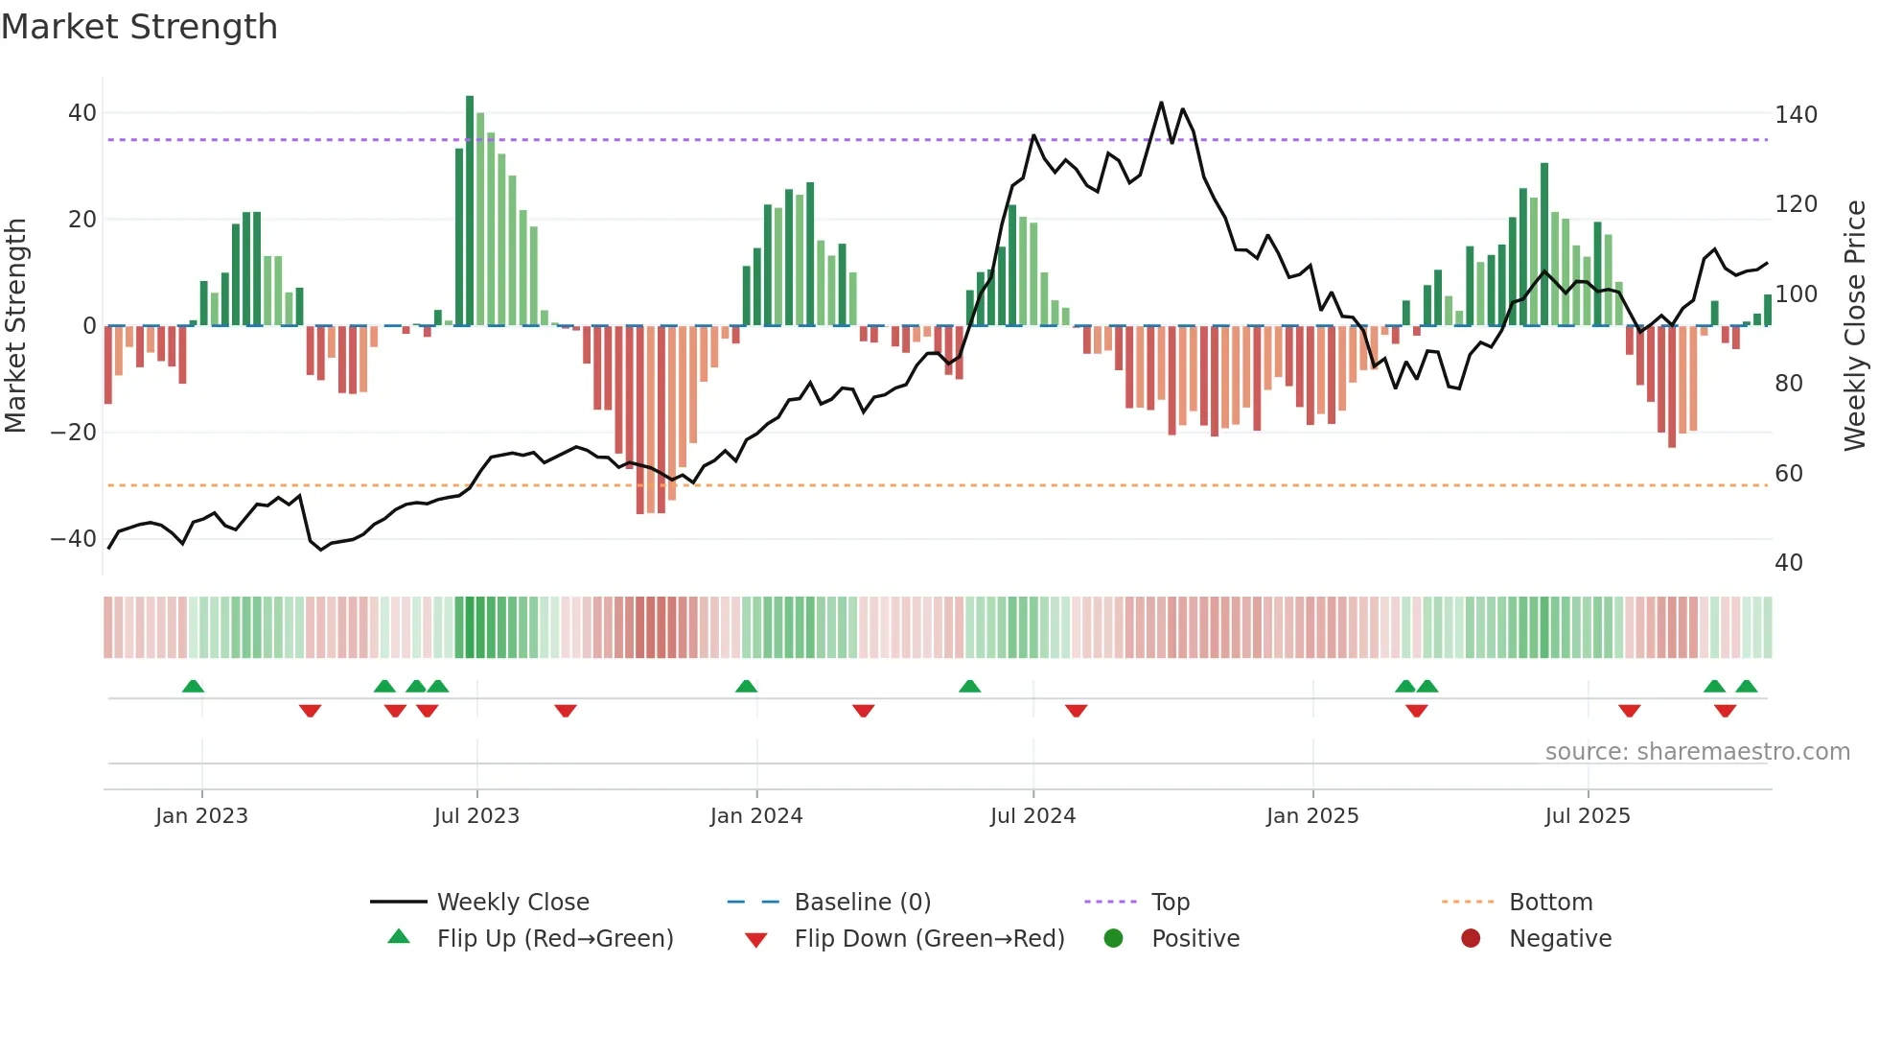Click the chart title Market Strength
pos(139,27)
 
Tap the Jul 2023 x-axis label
pos(476,816)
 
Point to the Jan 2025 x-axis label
pos(1312,816)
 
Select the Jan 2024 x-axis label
pos(756,816)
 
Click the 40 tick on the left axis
pos(82,113)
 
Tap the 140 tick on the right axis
pos(1796,115)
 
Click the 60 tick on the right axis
pos(1789,474)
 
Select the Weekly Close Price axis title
pos(1856,326)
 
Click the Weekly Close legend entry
pos(513,903)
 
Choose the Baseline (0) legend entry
pos(862,903)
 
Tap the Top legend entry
pos(1171,903)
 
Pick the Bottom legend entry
pos(1550,903)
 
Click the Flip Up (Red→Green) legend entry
pos(555,939)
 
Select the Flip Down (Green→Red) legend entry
pos(929,939)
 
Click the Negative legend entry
pos(1560,939)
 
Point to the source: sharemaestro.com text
pos(1697,752)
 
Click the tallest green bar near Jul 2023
pos(470,211)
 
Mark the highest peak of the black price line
pos(1161,103)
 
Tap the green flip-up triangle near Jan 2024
pos(746,686)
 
